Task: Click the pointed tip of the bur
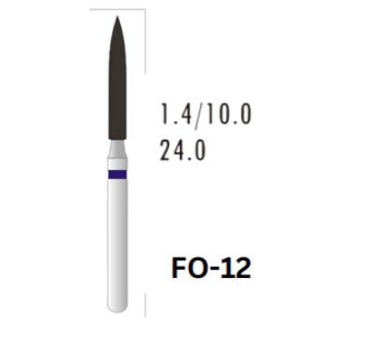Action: [117, 16]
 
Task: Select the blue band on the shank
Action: [117, 175]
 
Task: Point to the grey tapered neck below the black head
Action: [117, 149]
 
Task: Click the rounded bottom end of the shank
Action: [117, 309]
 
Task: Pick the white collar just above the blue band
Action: [117, 164]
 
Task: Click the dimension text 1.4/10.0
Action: [206, 115]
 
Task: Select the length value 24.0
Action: [183, 150]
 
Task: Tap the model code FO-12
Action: [212, 268]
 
